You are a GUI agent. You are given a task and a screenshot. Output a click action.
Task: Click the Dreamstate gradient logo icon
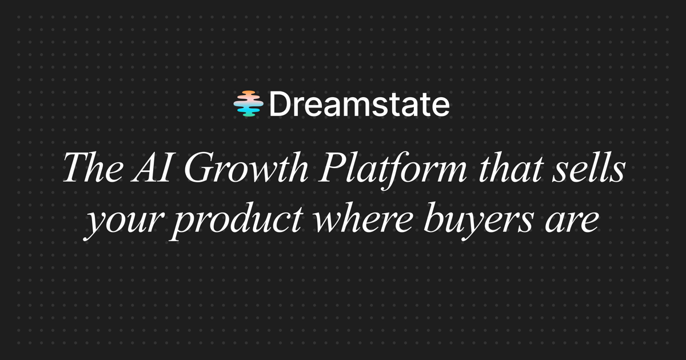point(248,103)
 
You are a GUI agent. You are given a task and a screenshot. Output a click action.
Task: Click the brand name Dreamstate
point(360,104)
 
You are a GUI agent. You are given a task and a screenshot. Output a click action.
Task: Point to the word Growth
point(246,167)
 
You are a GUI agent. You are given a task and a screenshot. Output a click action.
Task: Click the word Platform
point(393,170)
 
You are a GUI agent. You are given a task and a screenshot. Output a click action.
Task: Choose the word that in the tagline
point(512,167)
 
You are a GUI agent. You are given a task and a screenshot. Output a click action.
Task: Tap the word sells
point(589,167)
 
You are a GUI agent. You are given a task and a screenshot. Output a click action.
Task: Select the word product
point(238,221)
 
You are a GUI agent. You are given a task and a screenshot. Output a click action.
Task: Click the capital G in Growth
point(198,168)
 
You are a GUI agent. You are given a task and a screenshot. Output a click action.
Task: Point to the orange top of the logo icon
point(248,93)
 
